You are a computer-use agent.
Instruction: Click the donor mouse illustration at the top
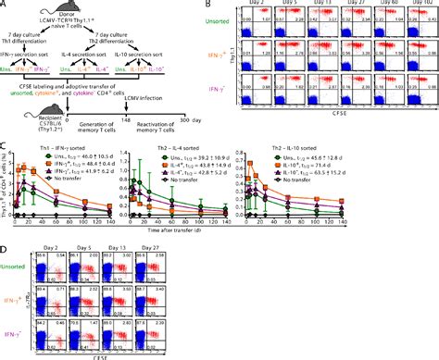click(x=56, y=12)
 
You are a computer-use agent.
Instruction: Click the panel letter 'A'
click(x=5, y=5)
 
